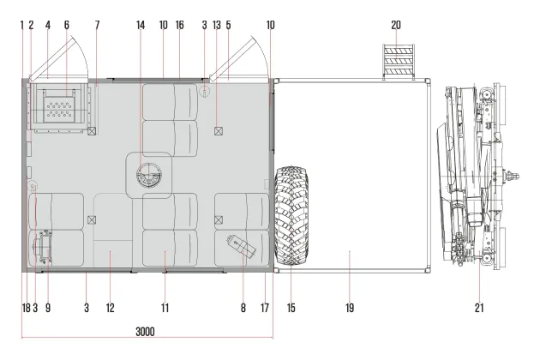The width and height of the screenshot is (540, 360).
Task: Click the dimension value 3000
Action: coord(145,332)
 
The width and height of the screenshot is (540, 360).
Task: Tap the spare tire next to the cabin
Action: coord(291,216)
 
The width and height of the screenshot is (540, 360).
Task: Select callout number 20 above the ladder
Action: coord(396,25)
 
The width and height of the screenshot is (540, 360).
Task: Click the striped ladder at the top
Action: coord(399,62)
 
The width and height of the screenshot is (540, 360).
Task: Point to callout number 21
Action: coord(479,308)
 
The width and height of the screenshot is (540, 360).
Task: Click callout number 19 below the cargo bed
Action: coord(350,308)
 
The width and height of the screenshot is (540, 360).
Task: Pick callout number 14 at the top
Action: coord(141,25)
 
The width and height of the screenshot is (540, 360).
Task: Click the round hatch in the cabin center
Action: coord(149,176)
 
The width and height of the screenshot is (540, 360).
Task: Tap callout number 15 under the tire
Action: coord(291,308)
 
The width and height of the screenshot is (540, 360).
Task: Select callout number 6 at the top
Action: coord(67,25)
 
